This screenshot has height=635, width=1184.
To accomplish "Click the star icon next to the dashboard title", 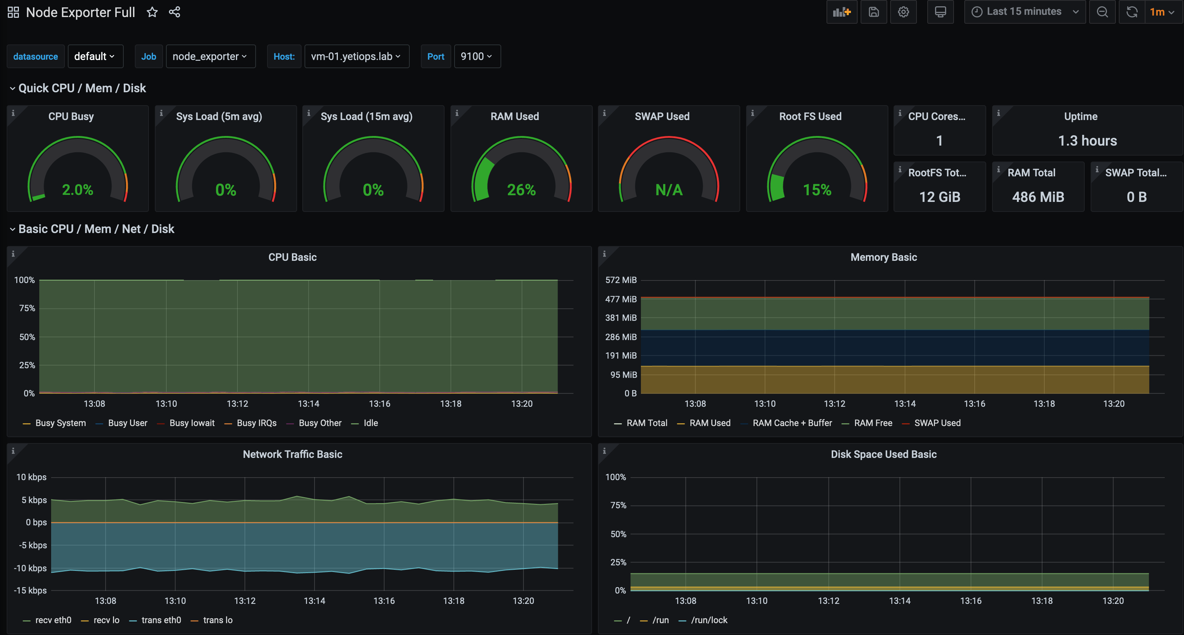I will click(x=152, y=13).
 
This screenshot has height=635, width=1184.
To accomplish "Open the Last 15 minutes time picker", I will click(x=1024, y=12).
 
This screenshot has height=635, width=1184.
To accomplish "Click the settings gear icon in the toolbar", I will click(x=903, y=12).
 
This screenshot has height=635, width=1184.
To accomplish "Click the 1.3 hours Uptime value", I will click(x=1087, y=141).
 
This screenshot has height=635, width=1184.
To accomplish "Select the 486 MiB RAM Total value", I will click(x=1038, y=197).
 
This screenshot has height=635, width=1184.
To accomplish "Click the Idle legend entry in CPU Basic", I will click(x=370, y=423).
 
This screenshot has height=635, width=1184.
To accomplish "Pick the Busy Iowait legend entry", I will click(x=192, y=423).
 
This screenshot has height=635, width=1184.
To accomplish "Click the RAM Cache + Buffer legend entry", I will click(x=792, y=423).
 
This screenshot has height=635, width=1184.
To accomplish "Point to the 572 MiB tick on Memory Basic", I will click(x=621, y=280).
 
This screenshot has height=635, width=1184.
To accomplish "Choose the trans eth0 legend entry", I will click(x=161, y=620).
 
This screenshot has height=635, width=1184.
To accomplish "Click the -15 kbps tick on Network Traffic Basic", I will click(x=30, y=591).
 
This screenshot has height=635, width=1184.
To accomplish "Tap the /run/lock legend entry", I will click(x=709, y=620).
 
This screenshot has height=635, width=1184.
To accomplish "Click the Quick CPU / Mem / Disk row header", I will click(x=82, y=88).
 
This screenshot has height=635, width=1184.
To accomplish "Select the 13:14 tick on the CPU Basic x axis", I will click(x=308, y=404).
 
